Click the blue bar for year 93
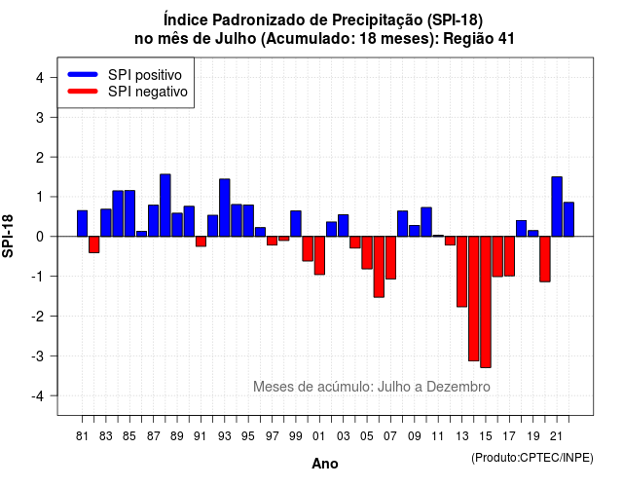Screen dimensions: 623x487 tap(225, 207)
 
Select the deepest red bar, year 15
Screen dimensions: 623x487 tap(486, 302)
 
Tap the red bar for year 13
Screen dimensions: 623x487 tap(461, 272)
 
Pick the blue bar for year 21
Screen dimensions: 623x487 tap(557, 206)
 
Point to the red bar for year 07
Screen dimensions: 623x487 tap(390, 257)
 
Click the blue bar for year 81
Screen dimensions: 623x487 tap(82, 223)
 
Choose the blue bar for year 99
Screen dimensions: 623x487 tap(296, 223)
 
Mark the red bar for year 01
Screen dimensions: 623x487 tap(319, 255)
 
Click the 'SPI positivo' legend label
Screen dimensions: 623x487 tap(145, 75)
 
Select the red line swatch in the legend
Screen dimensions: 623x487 tap(83, 92)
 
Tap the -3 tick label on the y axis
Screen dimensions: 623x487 tap(38, 356)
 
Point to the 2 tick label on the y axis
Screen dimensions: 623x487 tap(40, 158)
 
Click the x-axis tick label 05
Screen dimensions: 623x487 tap(367, 436)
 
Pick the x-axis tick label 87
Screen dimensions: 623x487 tap(154, 436)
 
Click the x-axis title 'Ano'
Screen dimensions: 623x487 tap(325, 464)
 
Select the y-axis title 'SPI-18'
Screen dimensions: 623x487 tap(8, 236)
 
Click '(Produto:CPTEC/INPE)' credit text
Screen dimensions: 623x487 tap(532, 458)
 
